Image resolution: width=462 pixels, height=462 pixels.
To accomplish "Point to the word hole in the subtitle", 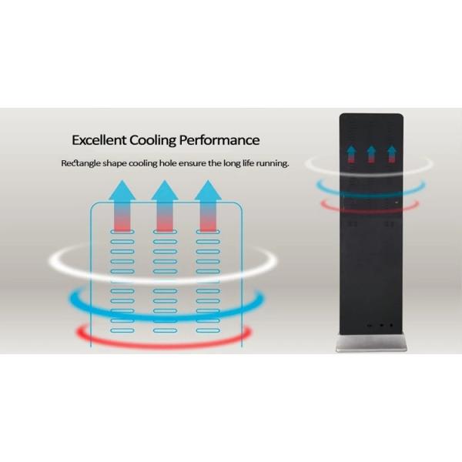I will (x=161, y=164).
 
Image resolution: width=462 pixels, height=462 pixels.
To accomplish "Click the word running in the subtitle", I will (x=269, y=164).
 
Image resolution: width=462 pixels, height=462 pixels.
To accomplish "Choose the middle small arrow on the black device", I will (x=371, y=154).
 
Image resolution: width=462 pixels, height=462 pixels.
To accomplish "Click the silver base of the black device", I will (x=372, y=343).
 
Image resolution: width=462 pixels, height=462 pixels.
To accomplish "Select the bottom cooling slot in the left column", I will (x=122, y=330).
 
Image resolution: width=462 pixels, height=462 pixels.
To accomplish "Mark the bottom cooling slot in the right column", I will (x=207, y=330).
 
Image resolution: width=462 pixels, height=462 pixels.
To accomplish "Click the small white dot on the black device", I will (x=397, y=203).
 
